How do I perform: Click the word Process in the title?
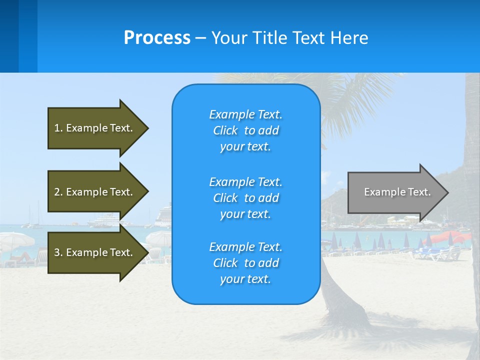(157, 38)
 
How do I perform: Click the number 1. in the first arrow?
(58, 128)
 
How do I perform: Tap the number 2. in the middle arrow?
(58, 192)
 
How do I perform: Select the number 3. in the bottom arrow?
(58, 252)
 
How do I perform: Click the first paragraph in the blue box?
(245, 130)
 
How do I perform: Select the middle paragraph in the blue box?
(245, 198)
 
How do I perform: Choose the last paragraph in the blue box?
(245, 263)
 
